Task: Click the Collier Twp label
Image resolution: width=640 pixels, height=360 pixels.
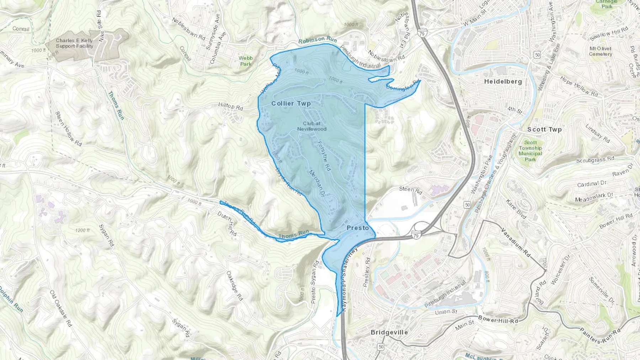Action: (291, 103)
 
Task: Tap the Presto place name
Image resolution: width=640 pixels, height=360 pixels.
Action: (358, 228)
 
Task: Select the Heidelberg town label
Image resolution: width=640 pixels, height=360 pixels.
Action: (503, 82)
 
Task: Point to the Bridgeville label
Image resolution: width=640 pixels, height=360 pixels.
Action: (389, 333)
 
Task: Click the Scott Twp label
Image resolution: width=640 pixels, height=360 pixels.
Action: (544, 130)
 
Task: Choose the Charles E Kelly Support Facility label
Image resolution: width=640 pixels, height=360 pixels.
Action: (74, 43)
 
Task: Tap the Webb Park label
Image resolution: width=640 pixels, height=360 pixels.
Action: (246, 61)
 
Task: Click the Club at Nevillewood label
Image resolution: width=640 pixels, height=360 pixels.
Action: (312, 126)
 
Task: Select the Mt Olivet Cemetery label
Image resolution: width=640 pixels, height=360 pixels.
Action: (600, 51)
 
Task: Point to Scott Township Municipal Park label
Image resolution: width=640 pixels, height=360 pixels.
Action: (530, 151)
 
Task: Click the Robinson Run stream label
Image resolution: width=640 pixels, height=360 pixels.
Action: (317, 40)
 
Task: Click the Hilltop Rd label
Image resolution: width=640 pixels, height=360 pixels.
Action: (230, 106)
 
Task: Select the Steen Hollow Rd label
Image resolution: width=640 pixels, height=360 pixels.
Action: (68, 129)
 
